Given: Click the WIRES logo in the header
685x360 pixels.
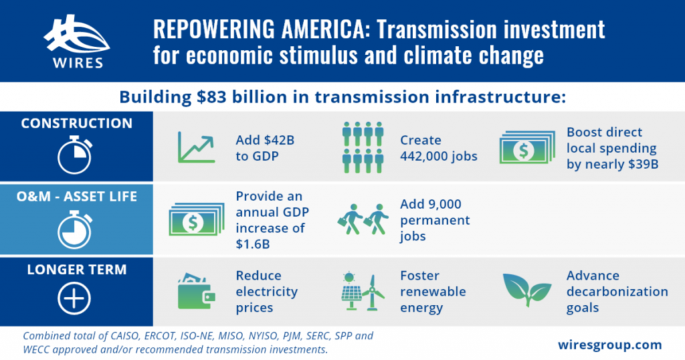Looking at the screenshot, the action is pyautogui.click(x=77, y=41).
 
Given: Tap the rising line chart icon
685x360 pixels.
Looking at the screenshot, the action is pyautogui.click(x=196, y=147).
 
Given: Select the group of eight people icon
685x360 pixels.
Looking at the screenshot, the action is pyautogui.click(x=363, y=147).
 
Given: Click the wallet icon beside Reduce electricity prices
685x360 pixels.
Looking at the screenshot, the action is pyautogui.click(x=197, y=291).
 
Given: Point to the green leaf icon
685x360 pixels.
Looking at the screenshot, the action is pyautogui.click(x=527, y=289).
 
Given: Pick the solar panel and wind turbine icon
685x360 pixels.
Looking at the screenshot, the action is pyautogui.click(x=363, y=291).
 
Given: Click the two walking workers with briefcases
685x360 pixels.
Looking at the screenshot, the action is pyautogui.click(x=363, y=219).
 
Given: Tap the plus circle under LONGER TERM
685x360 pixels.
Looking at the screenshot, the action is pyautogui.click(x=74, y=299).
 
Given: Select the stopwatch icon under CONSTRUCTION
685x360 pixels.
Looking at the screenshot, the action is pyautogui.click(x=75, y=155).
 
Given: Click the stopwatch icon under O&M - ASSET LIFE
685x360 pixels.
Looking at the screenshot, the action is pyautogui.click(x=75, y=230).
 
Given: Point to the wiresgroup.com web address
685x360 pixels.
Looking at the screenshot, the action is pyautogui.click(x=610, y=345).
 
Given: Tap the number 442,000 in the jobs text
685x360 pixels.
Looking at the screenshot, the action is pyautogui.click(x=422, y=157).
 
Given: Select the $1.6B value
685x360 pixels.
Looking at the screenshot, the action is pyautogui.click(x=253, y=244).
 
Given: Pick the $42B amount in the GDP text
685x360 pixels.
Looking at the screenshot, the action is pyautogui.click(x=280, y=141).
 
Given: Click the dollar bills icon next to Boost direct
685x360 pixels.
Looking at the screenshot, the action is pyautogui.click(x=527, y=147).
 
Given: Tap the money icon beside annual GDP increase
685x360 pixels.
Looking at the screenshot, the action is pyautogui.click(x=197, y=219).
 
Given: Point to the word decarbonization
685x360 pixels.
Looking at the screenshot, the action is pyautogui.click(x=617, y=292).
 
